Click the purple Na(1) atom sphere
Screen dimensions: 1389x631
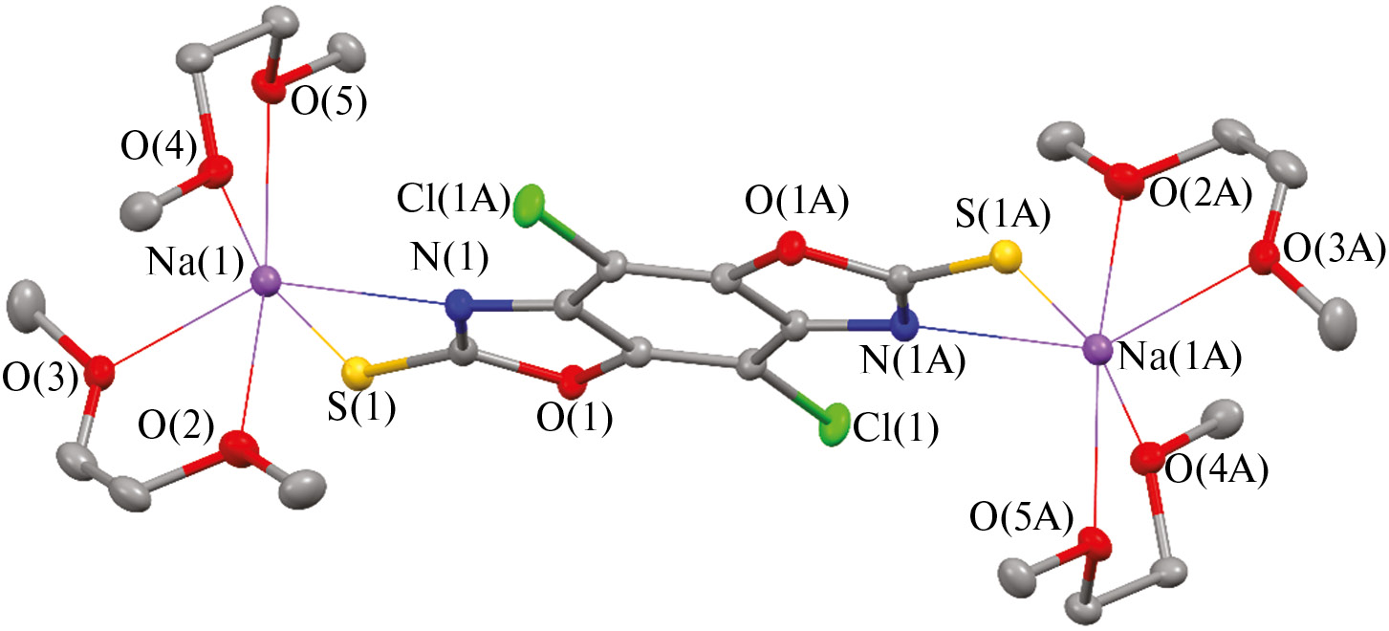[x=266, y=286]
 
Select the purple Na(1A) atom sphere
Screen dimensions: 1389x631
[x=1098, y=349]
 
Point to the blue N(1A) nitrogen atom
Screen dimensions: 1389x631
[x=904, y=325]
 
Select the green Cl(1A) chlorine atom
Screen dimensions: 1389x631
[x=529, y=207]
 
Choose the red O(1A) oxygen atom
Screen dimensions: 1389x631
[x=791, y=248]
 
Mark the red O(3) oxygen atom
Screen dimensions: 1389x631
[x=99, y=373]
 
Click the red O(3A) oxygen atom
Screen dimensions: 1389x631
[x=1263, y=259]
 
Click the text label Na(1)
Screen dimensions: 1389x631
[x=195, y=263]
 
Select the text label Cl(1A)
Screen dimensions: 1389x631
[x=454, y=201]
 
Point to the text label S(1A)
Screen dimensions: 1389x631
[x=1003, y=215]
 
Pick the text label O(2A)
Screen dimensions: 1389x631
[x=1201, y=194]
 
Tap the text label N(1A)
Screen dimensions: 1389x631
[x=913, y=360]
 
